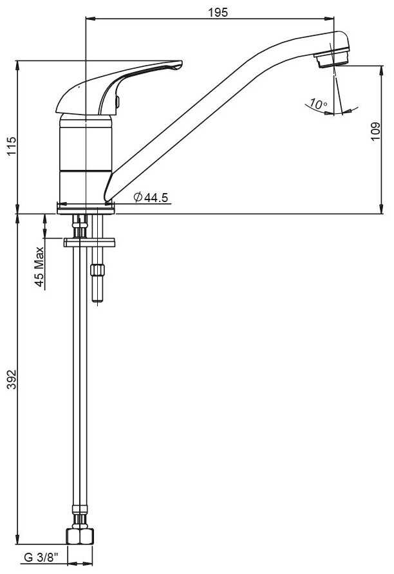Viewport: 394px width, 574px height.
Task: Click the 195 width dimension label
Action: [218, 12]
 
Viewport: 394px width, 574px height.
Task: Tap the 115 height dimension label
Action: [12, 145]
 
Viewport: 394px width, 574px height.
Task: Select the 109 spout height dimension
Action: [375, 131]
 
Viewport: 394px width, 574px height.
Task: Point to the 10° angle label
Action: [318, 104]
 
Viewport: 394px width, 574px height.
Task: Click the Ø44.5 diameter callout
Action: [151, 198]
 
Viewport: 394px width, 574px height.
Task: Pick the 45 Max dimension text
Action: [39, 267]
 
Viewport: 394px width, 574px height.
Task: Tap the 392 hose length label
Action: [12, 379]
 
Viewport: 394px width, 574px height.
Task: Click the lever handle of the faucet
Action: [118, 87]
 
